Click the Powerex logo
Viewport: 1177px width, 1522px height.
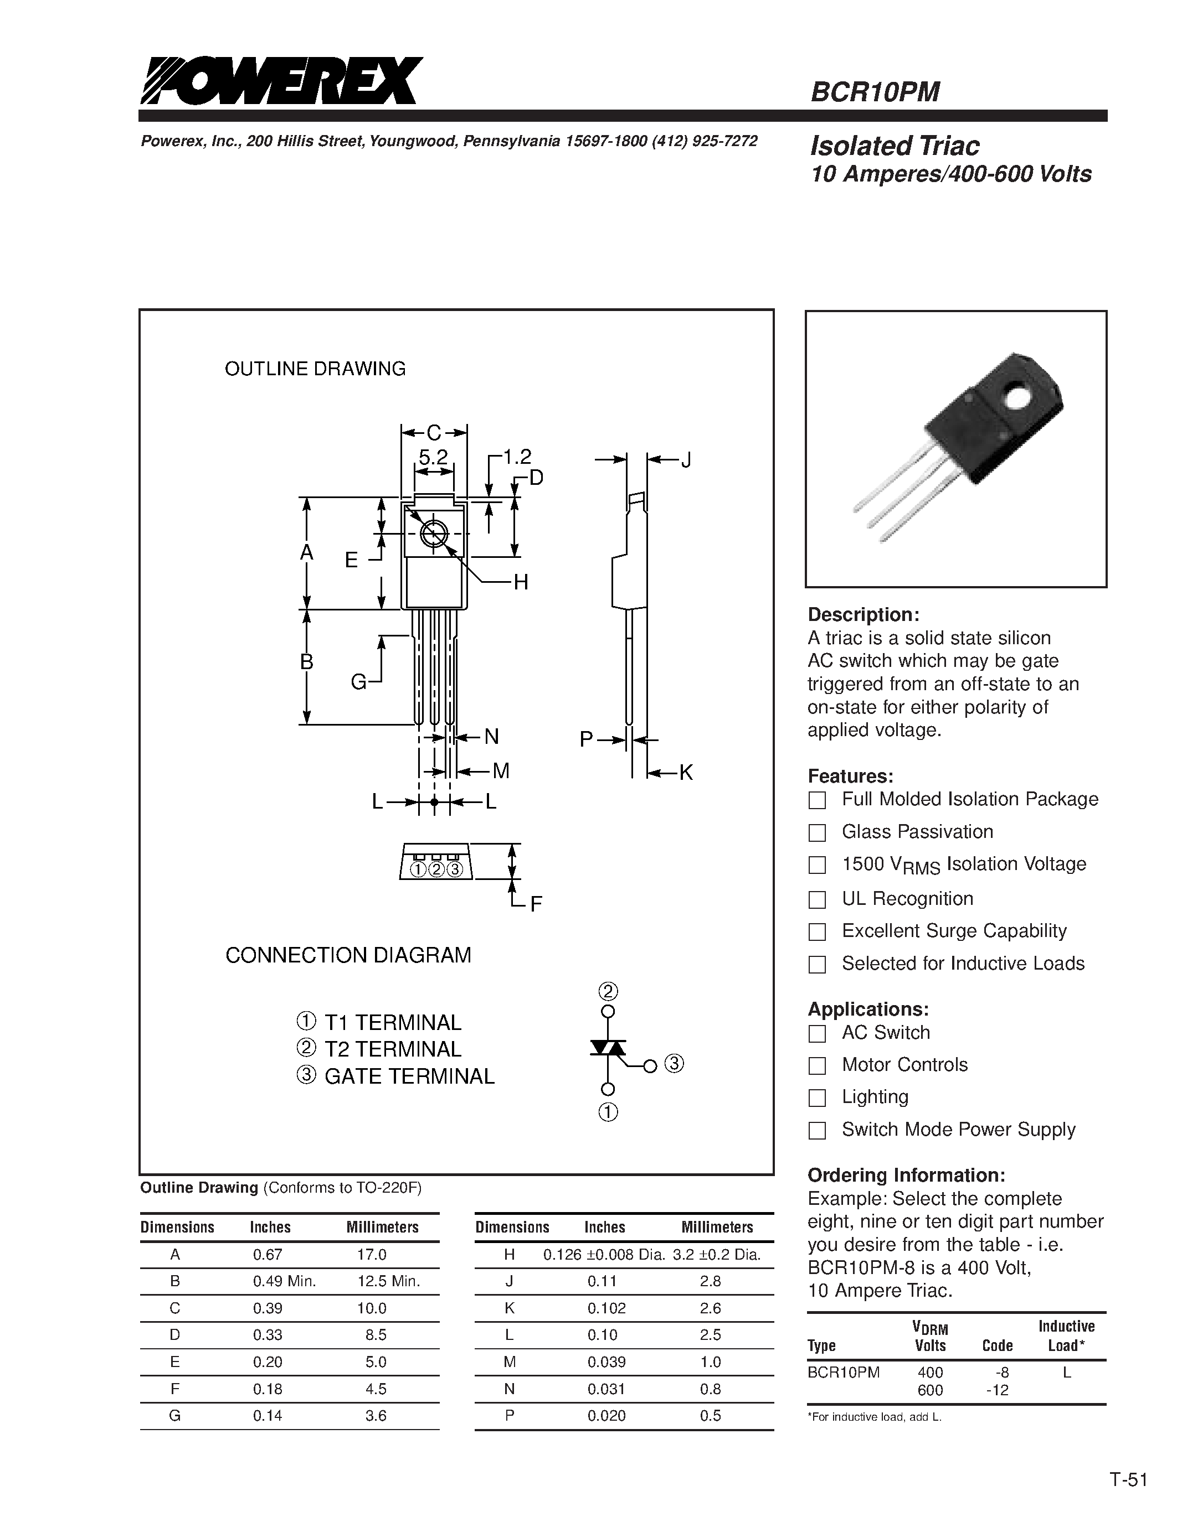coord(280,81)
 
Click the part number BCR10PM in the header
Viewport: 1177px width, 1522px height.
coord(875,92)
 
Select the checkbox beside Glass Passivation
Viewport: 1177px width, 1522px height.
coord(816,833)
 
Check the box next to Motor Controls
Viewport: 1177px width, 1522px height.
coord(816,1065)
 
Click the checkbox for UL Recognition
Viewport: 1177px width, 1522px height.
coord(816,900)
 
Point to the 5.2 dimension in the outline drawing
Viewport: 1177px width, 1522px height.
coord(433,457)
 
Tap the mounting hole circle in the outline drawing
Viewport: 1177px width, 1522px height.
coord(433,534)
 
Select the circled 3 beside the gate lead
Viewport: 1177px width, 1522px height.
coord(674,1064)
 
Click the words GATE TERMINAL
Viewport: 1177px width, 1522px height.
coord(409,1076)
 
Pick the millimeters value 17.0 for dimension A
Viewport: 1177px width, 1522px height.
coord(372,1254)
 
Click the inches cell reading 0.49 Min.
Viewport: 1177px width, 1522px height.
coord(285,1281)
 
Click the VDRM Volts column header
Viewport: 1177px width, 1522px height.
coord(930,1337)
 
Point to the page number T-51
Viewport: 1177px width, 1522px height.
coord(1128,1479)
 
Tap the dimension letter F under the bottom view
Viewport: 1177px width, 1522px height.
coord(536,904)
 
